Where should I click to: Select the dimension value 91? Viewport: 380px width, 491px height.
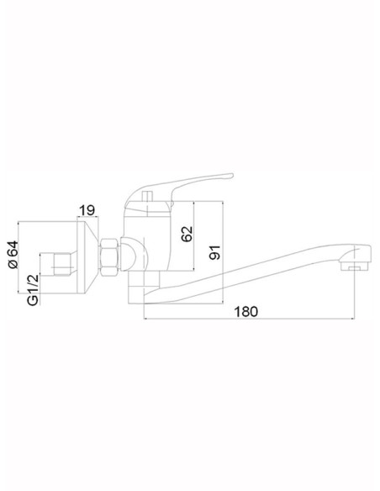coord(214,251)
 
